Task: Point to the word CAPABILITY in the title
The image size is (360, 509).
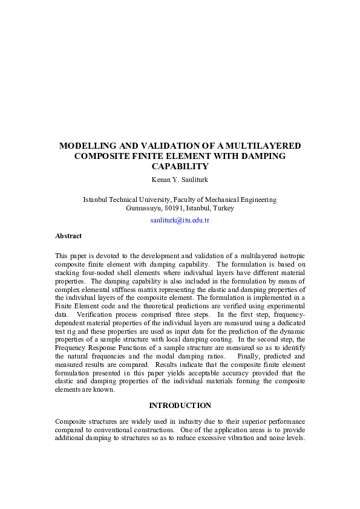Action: (x=180, y=166)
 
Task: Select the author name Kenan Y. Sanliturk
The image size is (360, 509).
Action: (x=180, y=179)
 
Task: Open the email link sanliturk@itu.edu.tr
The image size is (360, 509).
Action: (x=180, y=221)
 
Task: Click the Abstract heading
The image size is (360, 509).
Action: (x=68, y=236)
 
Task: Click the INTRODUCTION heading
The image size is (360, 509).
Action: (x=180, y=405)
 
